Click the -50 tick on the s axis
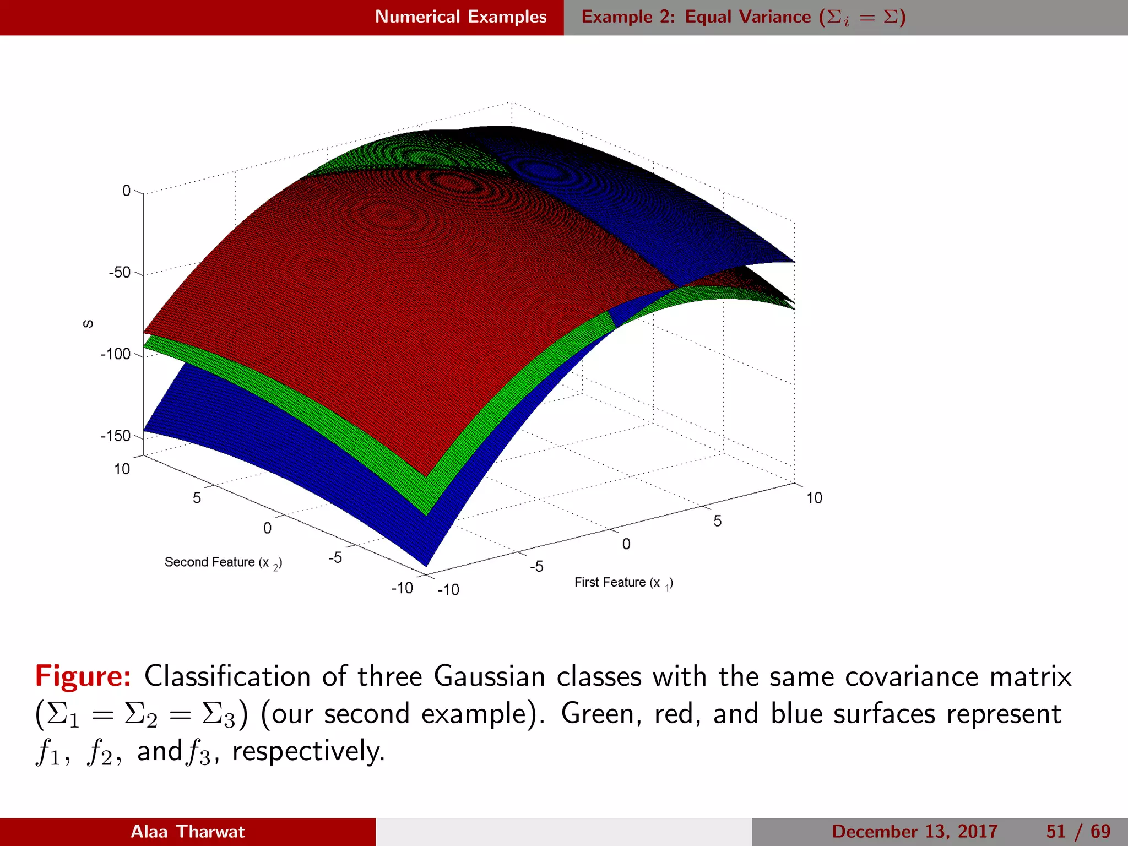(120, 272)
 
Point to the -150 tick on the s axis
(116, 436)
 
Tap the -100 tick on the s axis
(116, 354)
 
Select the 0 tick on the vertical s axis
(126, 191)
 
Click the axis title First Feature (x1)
(623, 583)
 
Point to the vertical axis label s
(88, 324)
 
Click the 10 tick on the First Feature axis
(814, 498)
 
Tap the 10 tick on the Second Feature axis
(122, 469)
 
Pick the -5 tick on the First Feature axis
(536, 566)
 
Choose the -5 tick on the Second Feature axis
(335, 557)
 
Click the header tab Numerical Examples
(460, 17)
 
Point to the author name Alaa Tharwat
(188, 832)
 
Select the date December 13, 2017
(914, 832)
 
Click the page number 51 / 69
(1078, 832)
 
